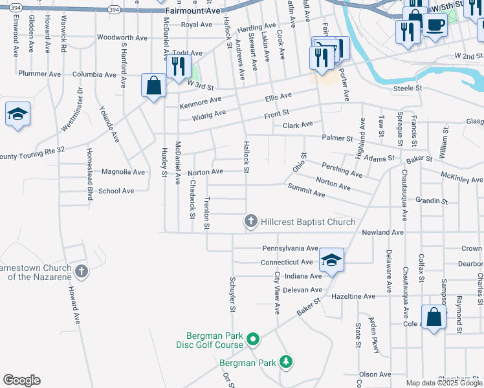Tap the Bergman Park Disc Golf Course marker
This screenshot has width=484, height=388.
pos(254,339)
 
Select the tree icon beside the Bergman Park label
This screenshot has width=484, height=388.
pos(285,363)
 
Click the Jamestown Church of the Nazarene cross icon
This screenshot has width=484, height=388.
pos(81,270)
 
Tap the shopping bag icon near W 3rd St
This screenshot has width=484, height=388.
pos(154,85)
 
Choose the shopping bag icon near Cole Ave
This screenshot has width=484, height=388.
pos(434,318)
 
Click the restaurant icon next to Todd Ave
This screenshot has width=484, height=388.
pos(177,66)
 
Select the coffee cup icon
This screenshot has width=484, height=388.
pos(435,25)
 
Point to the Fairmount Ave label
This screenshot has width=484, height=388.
pos(193,11)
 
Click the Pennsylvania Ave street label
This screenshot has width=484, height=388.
pos(290,248)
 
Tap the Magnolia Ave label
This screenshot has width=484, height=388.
pos(123,172)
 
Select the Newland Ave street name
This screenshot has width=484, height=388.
pos(382,232)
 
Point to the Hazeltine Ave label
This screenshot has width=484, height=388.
pos(353,296)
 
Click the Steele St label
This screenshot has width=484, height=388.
pos(408,88)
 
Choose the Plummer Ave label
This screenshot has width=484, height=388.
pos(39,74)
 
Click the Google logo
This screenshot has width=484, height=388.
pos(21,380)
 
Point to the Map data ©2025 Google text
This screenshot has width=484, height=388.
pos(443,383)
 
